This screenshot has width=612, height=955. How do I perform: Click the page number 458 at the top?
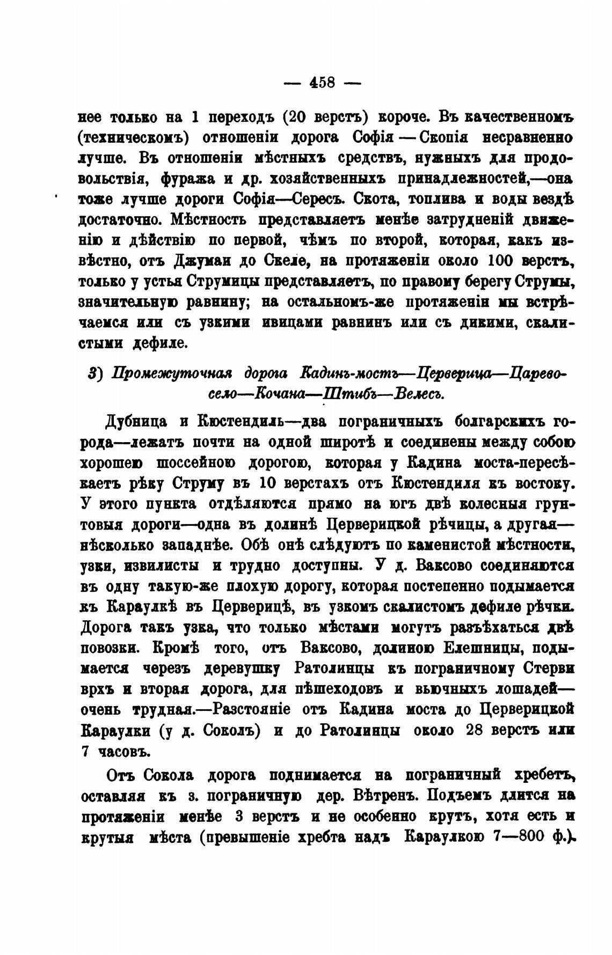coord(323,83)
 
